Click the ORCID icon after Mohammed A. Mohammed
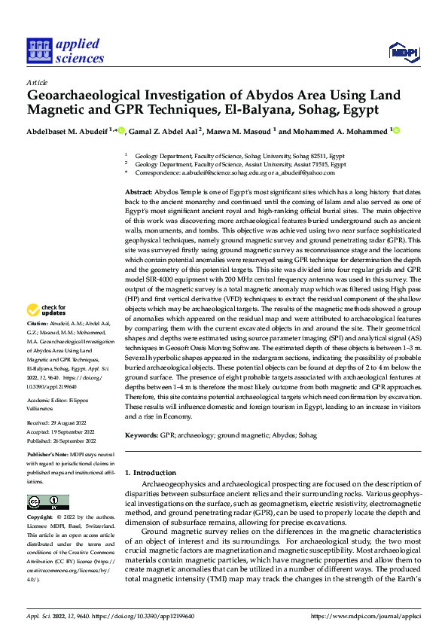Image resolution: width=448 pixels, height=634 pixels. tap(397, 130)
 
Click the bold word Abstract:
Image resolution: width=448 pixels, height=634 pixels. tap(139, 194)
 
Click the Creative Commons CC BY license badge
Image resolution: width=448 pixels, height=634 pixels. tap(47, 502)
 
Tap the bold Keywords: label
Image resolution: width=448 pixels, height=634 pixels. tap(142, 436)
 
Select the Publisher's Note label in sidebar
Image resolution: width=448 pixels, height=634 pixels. tap(50, 456)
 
